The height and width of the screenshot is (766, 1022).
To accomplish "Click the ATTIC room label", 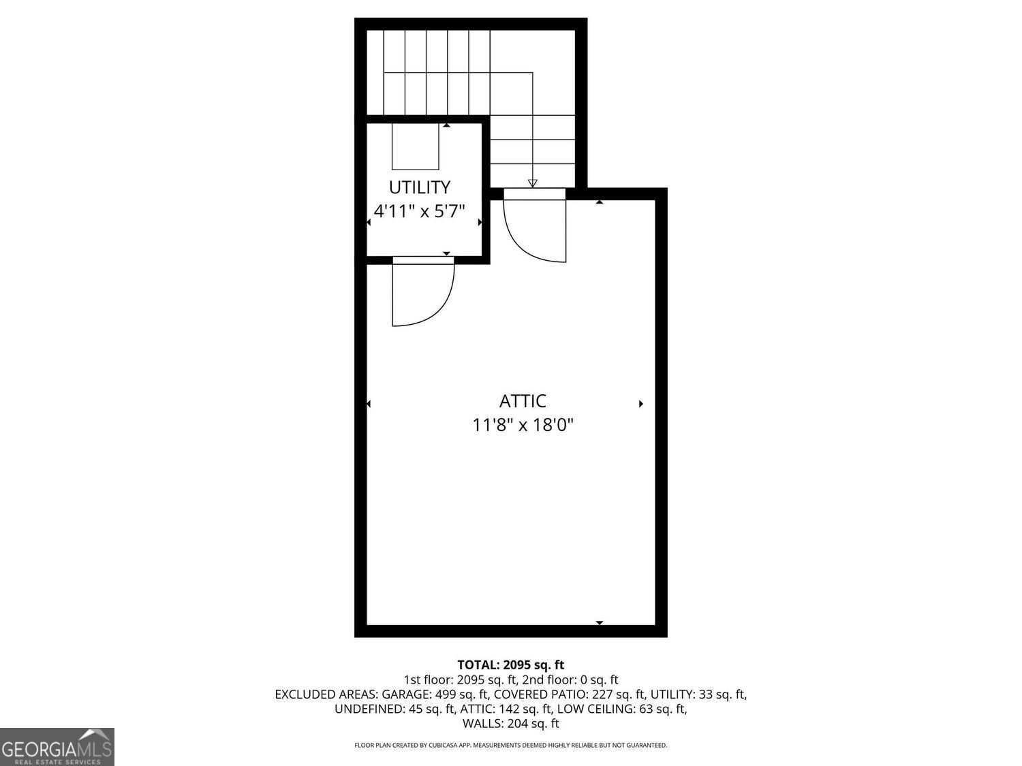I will point(523,401).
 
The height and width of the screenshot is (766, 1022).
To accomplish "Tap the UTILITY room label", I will point(419,187).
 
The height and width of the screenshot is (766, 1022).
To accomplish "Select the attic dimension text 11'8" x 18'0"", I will point(523,426).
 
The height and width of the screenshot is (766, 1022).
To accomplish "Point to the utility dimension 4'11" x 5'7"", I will point(419,210).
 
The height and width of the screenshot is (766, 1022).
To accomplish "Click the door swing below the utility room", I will point(422,293).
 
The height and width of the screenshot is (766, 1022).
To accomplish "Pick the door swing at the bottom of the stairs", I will point(536,228).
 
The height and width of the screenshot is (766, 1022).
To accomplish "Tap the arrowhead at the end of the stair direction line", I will point(532,182).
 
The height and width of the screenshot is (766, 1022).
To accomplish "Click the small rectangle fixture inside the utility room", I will point(415,146).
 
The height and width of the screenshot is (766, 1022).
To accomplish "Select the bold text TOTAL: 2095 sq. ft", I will point(510,665).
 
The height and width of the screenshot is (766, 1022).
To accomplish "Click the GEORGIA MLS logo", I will point(57,747).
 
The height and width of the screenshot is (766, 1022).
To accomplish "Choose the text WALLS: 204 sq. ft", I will point(510,724).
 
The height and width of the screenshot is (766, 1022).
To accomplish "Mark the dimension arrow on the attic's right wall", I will point(641,404).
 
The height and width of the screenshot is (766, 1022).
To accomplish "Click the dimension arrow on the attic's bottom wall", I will point(600,622).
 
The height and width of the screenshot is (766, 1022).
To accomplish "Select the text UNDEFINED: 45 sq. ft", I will point(394,709).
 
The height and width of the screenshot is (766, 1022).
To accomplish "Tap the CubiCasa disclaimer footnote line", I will point(510,746).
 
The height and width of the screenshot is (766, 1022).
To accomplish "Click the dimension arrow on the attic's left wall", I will point(369,404).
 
